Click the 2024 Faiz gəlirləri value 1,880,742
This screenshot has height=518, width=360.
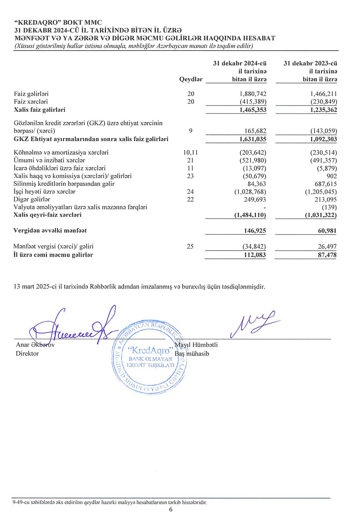[x=253, y=94]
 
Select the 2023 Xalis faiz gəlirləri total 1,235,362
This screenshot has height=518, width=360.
[x=324, y=110]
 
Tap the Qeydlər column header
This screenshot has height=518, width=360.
[x=191, y=79]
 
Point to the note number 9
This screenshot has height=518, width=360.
[x=190, y=131]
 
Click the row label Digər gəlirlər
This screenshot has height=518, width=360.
[x=32, y=199]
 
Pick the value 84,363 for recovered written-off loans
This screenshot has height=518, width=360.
[x=257, y=184]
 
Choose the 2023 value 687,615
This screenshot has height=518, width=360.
[x=326, y=184]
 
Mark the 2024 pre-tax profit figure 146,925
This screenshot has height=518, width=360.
[x=255, y=231]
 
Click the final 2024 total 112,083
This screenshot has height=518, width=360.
[x=255, y=255]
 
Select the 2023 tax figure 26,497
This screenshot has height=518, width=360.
[x=327, y=247]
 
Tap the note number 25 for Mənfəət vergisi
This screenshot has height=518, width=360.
[x=190, y=247]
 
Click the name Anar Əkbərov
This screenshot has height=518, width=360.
[x=35, y=345]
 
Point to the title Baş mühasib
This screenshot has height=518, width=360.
[x=192, y=354]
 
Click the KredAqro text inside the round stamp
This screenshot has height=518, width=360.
[x=150, y=350]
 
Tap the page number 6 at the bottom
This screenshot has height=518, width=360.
[x=171, y=509]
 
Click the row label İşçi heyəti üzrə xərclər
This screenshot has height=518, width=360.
[x=44, y=192]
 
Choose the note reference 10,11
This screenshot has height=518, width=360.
[x=190, y=153]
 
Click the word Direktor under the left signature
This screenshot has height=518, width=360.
[x=27, y=354]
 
